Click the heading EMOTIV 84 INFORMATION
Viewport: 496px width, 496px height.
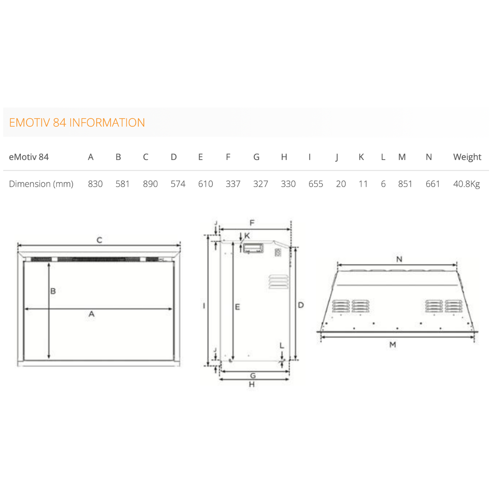point(77,122)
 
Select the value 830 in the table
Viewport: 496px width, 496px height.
point(95,184)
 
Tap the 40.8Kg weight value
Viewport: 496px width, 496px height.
point(466,184)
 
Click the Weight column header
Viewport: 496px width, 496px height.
point(467,157)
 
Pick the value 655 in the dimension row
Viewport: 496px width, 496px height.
point(316,184)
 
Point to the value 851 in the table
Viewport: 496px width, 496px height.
point(405,184)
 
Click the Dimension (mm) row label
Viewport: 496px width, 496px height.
point(41,184)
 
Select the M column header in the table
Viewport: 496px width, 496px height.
point(402,157)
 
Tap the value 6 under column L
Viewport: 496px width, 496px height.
point(383,184)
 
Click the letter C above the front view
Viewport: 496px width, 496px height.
point(99,240)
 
